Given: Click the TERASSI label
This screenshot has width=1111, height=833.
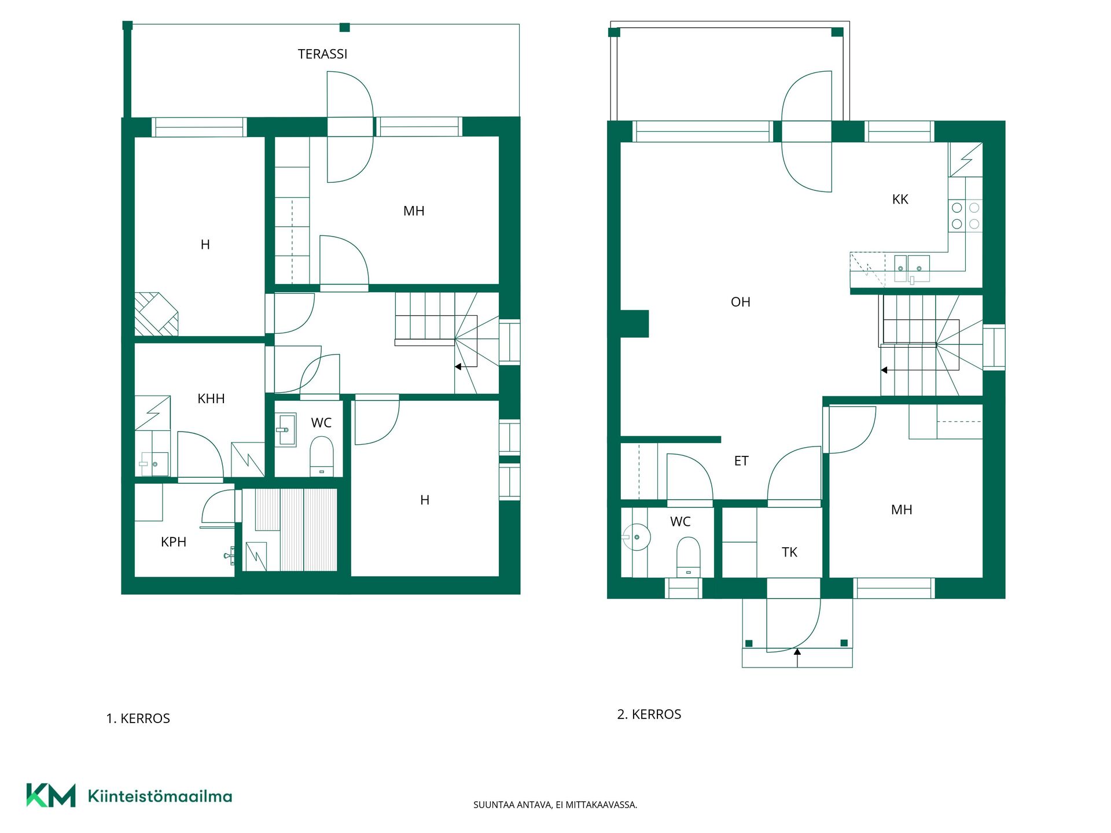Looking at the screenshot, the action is tap(322, 54).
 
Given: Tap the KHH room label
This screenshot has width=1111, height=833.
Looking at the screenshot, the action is tap(211, 399).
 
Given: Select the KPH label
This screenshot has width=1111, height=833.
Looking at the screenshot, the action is tap(174, 542).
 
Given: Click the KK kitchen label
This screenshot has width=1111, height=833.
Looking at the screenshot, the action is tap(900, 200).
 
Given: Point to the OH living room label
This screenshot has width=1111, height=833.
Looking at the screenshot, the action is tap(740, 302).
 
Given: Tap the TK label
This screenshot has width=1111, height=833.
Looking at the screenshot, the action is tap(789, 552).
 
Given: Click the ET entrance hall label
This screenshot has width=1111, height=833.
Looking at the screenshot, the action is tap(741, 461).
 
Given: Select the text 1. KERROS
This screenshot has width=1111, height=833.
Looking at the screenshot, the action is tap(138, 718).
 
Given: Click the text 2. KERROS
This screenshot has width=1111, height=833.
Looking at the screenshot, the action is tap(649, 714).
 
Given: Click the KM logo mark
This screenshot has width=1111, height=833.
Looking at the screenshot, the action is tap(51, 795).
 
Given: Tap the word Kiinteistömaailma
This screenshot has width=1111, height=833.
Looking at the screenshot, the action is tap(160, 796).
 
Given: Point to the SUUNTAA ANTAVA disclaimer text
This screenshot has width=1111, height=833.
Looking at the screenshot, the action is tap(555, 805).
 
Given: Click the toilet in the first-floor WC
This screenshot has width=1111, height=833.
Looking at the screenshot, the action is tap(322, 456).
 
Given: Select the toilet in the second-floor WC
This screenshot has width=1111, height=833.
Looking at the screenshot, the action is tap(688, 556).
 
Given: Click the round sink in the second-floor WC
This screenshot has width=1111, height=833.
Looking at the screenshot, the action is tap(637, 537).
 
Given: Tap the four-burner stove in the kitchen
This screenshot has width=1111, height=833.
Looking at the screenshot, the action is tap(965, 215).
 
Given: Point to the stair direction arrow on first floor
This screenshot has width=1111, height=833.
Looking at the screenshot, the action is tap(466, 367).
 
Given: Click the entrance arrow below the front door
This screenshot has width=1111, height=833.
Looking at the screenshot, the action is tap(797, 658).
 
